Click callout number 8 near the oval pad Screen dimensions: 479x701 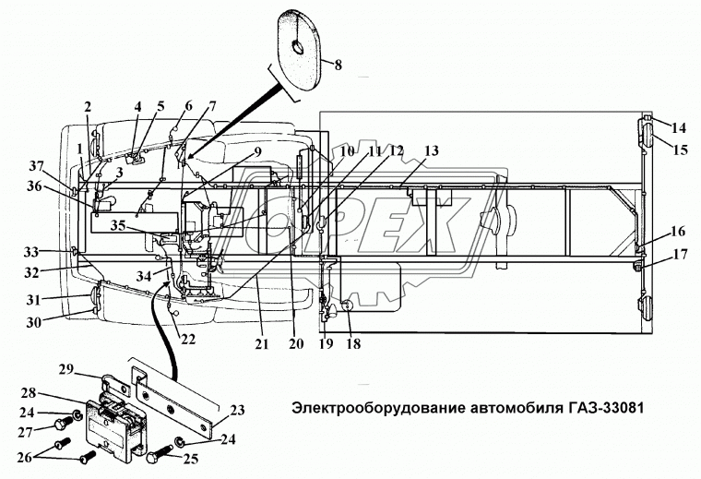click(338, 66)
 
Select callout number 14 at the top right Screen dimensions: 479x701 click(680, 127)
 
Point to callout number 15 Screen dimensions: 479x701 click(680, 149)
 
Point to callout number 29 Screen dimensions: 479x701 click(90, 369)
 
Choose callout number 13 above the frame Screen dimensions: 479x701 click(407, 151)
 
